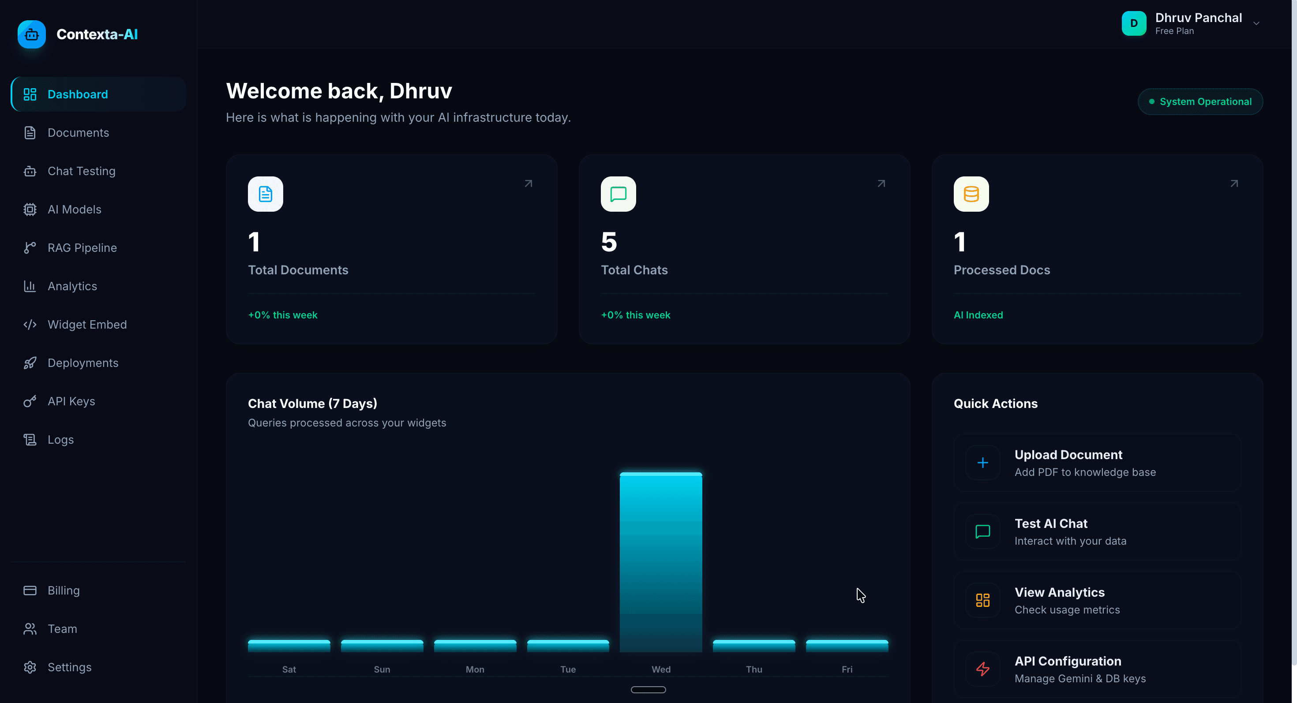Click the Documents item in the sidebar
pyautogui.click(x=78, y=133)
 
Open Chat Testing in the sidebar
pyautogui.click(x=81, y=171)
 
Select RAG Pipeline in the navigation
pyautogui.click(x=82, y=247)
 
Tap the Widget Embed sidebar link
pyautogui.click(x=87, y=325)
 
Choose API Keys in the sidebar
pyautogui.click(x=71, y=401)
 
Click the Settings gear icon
pyautogui.click(x=30, y=667)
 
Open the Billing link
pyautogui.click(x=64, y=590)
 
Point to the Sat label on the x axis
pyautogui.click(x=289, y=669)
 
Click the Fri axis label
pyautogui.click(x=847, y=669)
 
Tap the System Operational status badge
pyautogui.click(x=1200, y=101)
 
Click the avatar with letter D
pyautogui.click(x=1134, y=23)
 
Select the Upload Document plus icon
pyautogui.click(x=982, y=463)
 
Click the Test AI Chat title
pyautogui.click(x=1051, y=524)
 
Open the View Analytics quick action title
pyautogui.click(x=1059, y=592)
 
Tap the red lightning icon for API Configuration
pyautogui.click(x=982, y=669)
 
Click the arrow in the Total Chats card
pyautogui.click(x=881, y=183)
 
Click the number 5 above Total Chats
pyautogui.click(x=609, y=242)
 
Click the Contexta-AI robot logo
pyautogui.click(x=32, y=34)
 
